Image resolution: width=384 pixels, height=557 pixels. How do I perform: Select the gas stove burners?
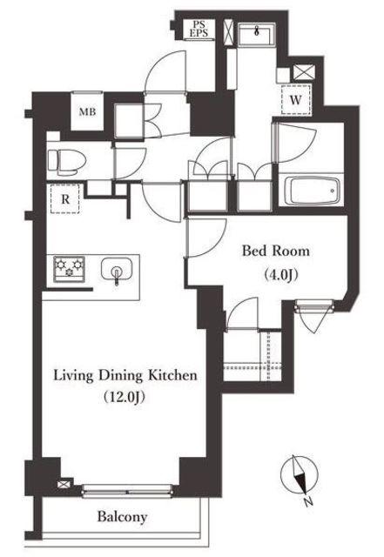pyautogui.click(x=69, y=269)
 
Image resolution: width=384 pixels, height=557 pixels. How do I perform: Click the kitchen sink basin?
pyautogui.click(x=117, y=269)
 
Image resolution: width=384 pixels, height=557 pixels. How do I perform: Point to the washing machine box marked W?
pyautogui.click(x=296, y=100)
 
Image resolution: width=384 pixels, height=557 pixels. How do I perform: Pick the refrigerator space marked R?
pyautogui.click(x=64, y=199)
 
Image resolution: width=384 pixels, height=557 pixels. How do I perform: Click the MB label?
pyautogui.click(x=87, y=112)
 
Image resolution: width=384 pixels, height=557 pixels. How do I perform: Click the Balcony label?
pyautogui.click(x=122, y=517)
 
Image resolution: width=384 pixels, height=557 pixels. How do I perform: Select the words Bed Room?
pyautogui.click(x=276, y=251)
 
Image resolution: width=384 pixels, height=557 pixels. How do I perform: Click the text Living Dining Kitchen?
pyautogui.click(x=125, y=376)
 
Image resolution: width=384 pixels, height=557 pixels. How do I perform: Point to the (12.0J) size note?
pyautogui.click(x=125, y=397)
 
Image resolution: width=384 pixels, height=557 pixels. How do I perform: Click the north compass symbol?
pyautogui.click(x=298, y=475)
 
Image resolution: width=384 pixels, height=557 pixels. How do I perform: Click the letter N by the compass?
pyautogui.click(x=308, y=502)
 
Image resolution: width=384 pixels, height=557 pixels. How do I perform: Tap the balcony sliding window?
pyautogui.click(x=127, y=491)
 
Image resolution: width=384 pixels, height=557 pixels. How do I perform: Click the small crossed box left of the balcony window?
pyautogui.click(x=64, y=484)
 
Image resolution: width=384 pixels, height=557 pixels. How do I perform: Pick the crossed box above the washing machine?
pyautogui.click(x=304, y=73)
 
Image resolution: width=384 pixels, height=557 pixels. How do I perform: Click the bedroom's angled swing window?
pyautogui.click(x=313, y=312)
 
